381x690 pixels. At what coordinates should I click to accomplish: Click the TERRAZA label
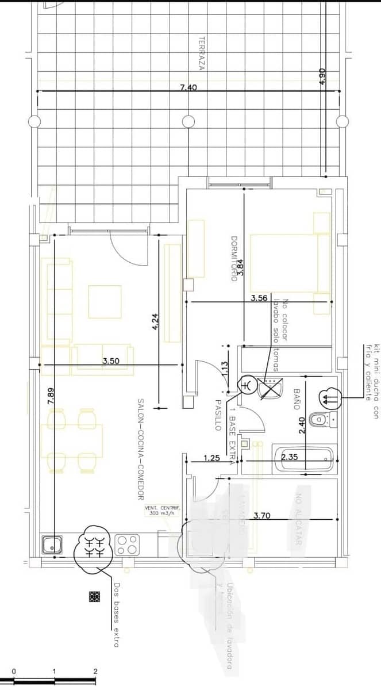(x=202, y=54)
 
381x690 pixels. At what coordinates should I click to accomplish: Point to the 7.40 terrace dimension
(x=188, y=87)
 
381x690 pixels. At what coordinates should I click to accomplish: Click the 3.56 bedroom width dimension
(x=259, y=298)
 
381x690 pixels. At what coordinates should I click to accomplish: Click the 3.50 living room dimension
(x=111, y=361)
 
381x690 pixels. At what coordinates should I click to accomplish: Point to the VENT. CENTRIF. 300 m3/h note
(x=162, y=511)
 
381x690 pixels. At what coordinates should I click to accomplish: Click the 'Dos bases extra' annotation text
(x=116, y=616)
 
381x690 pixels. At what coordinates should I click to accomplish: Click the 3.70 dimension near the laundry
(x=261, y=516)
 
